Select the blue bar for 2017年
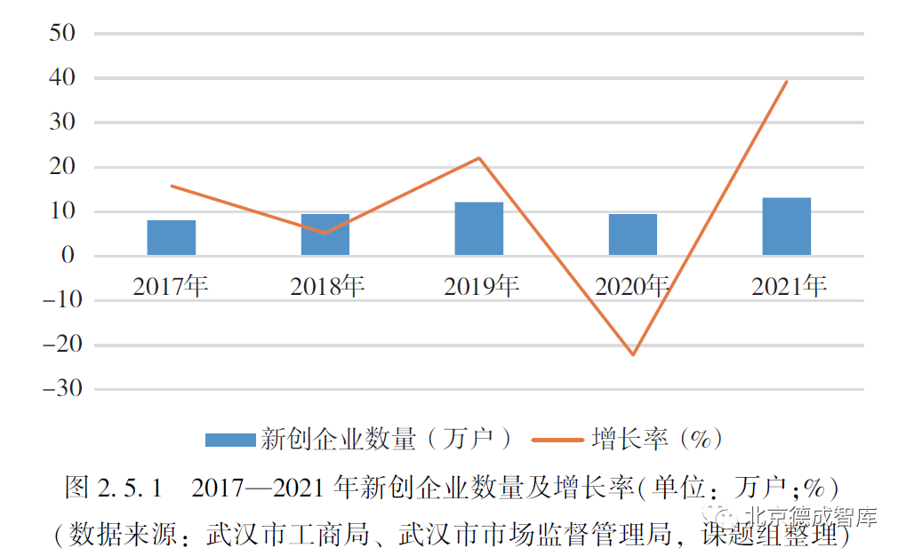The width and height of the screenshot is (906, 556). [172, 238]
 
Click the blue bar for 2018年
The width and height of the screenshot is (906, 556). [325, 235]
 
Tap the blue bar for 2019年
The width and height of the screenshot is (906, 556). [479, 229]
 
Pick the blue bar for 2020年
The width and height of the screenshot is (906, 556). [633, 235]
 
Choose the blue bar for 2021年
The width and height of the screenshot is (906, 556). [787, 226]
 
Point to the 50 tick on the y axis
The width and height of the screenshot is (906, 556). [62, 34]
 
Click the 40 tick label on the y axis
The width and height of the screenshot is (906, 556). [62, 78]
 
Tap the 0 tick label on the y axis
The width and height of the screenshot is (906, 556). [69, 256]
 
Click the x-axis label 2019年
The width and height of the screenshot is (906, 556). [481, 286]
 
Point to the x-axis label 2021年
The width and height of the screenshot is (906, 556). [789, 286]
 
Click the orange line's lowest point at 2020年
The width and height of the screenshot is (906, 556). [633, 354]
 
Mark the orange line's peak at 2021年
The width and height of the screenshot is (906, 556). [787, 82]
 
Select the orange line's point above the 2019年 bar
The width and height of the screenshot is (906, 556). [479, 158]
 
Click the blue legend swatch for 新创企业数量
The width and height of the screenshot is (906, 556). [229, 440]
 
